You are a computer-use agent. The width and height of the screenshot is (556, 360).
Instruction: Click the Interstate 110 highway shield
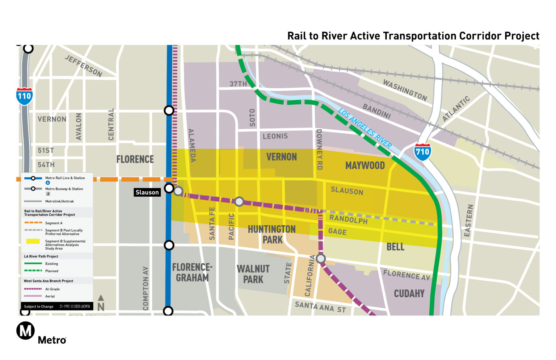tap(24, 96)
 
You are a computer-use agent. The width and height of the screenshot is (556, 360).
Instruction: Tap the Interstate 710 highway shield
tap(422, 152)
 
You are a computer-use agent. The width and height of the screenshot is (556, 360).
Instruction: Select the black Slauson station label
tap(147, 192)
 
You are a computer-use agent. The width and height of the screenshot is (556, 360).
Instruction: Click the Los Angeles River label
tap(365, 128)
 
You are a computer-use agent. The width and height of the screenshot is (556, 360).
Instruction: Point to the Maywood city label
tap(365, 166)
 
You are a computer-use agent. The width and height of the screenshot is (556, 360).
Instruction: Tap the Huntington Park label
tap(272, 234)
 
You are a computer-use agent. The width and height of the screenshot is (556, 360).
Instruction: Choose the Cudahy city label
tap(409, 293)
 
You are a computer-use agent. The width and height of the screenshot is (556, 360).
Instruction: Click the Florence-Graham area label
tap(192, 272)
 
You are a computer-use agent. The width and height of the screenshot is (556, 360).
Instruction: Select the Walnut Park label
tap(253, 274)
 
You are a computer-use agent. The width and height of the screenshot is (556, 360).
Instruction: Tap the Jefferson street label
tap(84, 66)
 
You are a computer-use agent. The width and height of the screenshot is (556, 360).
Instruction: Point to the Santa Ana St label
tap(320, 307)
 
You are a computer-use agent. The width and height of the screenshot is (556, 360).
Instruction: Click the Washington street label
tap(405, 90)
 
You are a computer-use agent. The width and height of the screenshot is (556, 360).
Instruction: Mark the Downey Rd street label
tap(319, 149)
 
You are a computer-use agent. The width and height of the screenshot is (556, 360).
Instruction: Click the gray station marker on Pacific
tap(239, 201)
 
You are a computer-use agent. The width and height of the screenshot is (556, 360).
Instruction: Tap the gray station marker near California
tap(321, 259)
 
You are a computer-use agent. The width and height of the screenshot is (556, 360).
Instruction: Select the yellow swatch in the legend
tap(33, 241)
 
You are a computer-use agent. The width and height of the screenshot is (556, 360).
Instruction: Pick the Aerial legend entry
tap(50, 296)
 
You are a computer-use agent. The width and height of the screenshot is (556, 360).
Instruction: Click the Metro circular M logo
tap(26, 330)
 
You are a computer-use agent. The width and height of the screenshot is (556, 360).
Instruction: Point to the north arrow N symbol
tap(101, 304)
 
